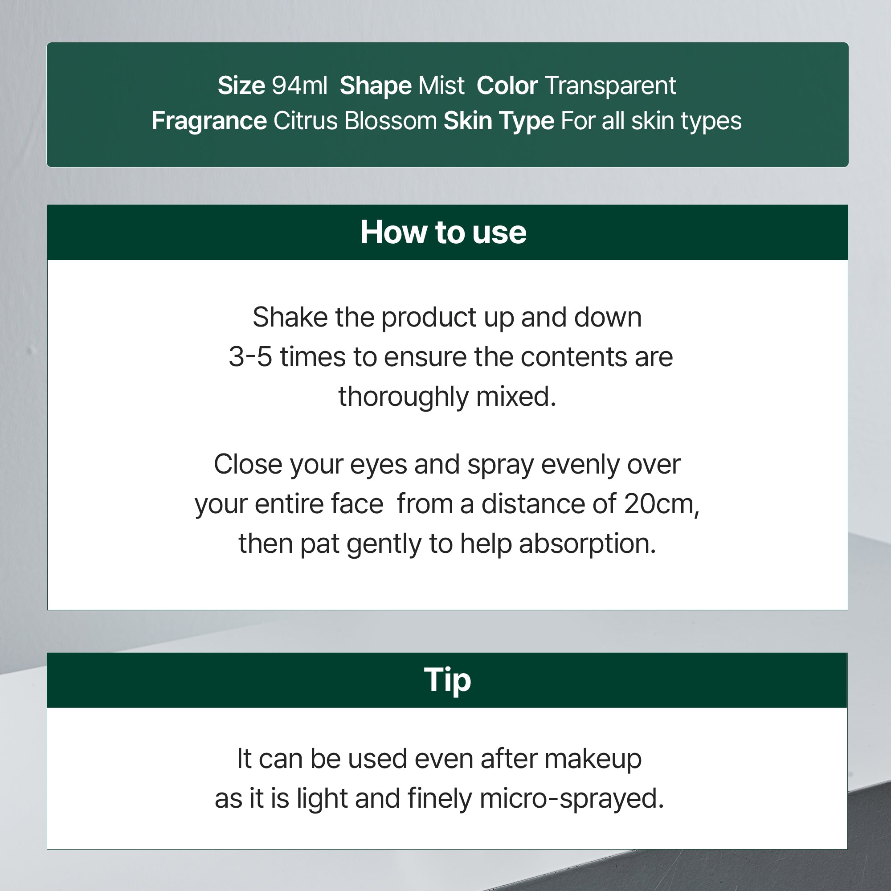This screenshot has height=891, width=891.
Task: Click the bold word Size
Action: pyautogui.click(x=241, y=86)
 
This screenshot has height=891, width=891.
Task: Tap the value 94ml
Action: pyautogui.click(x=299, y=86)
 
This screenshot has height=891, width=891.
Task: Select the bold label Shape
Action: pyautogui.click(x=376, y=86)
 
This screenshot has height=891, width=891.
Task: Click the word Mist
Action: pyautogui.click(x=441, y=86)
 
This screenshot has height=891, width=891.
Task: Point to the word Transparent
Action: pyautogui.click(x=610, y=86)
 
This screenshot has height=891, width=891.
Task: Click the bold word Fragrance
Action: pyautogui.click(x=209, y=121)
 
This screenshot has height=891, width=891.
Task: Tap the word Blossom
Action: pyautogui.click(x=390, y=121)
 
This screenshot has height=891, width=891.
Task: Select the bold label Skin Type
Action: pyautogui.click(x=499, y=121)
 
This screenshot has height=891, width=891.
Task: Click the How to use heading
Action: pyautogui.click(x=443, y=232)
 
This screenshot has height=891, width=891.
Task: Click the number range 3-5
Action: pyautogui.click(x=250, y=357)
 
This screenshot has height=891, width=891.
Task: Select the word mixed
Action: pyautogui.click(x=516, y=396)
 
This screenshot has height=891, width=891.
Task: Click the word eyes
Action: pyautogui.click(x=378, y=464)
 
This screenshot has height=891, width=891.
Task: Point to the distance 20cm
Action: pyautogui.click(x=661, y=503)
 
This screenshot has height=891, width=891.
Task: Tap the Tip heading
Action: pyautogui.click(x=447, y=680)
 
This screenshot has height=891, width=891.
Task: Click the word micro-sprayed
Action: pyautogui.click(x=572, y=798)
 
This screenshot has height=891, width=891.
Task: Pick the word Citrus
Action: pyautogui.click(x=305, y=121)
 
